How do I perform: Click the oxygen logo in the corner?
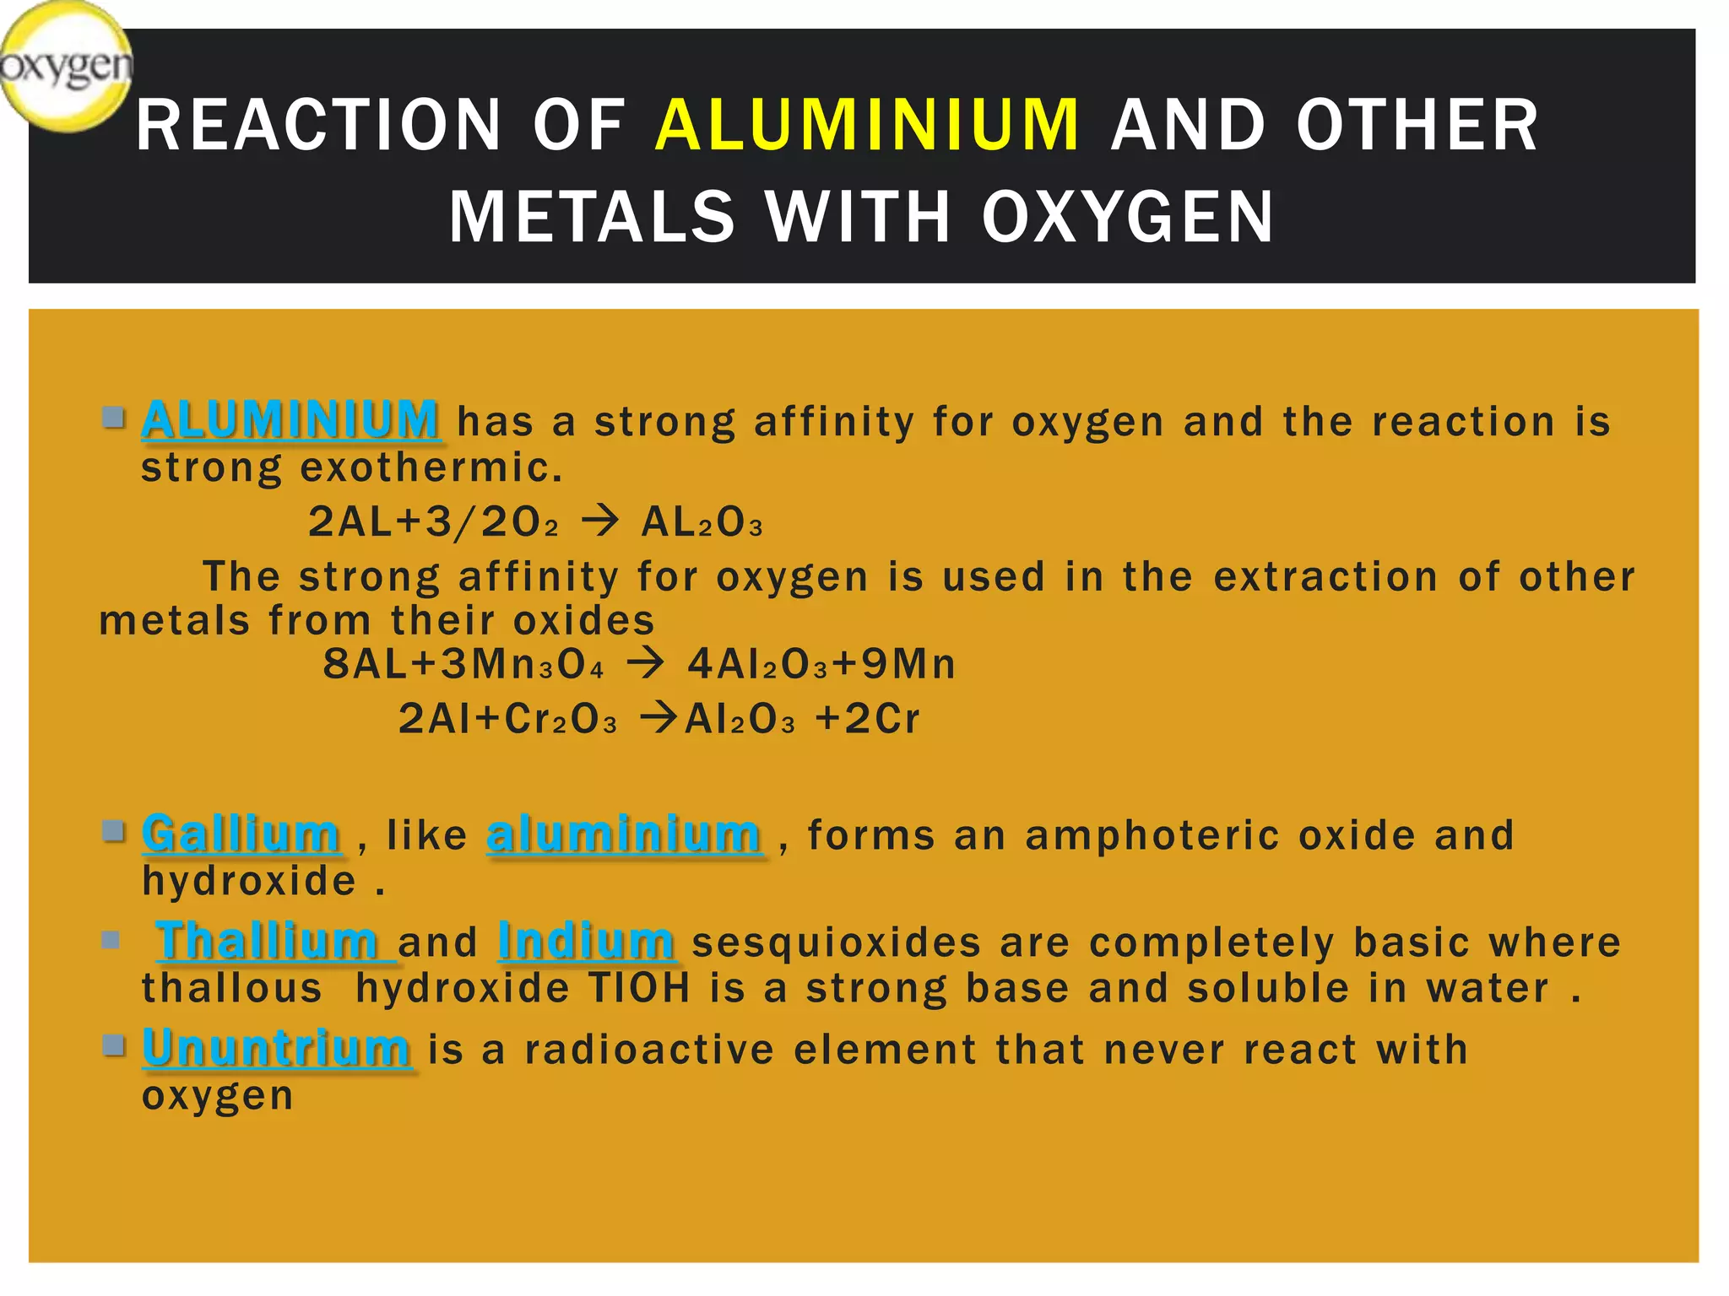[x=66, y=66]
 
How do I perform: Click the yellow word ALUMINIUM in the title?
[x=867, y=126]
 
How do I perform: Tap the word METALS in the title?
[x=592, y=218]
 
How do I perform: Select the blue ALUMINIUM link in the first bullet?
[x=290, y=420]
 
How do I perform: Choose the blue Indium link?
[x=586, y=941]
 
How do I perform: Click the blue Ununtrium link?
[x=277, y=1049]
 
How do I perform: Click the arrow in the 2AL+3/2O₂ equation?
[x=600, y=521]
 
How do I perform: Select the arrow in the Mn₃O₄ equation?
[x=646, y=663]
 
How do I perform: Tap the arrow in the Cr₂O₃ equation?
[x=659, y=719]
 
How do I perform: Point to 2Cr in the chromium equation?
[x=881, y=719]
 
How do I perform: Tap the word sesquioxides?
[x=836, y=942]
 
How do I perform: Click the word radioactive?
[x=649, y=1050]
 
